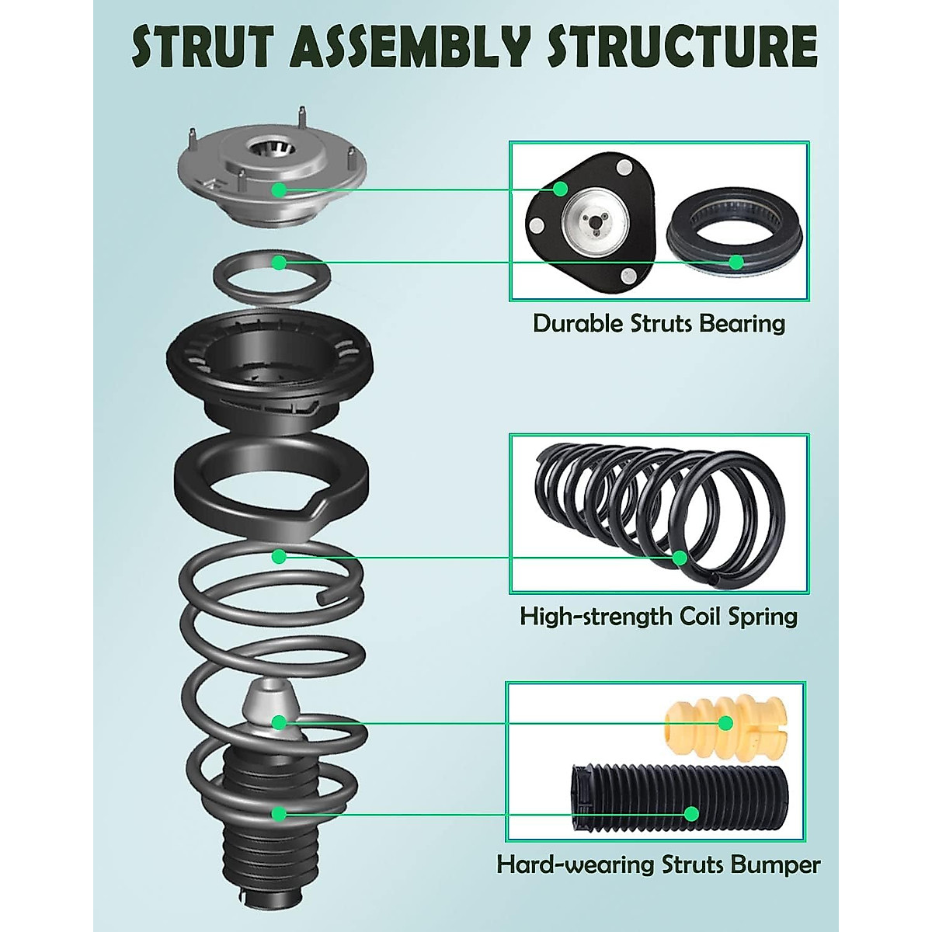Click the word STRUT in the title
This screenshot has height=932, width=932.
coord(204,47)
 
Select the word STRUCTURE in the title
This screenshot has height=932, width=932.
coord(681,47)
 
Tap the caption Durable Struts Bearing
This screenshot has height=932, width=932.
coord(659,323)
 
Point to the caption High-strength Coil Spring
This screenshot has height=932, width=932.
coord(659,617)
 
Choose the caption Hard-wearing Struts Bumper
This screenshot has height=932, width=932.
coord(659,864)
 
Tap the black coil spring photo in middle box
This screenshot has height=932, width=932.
coord(659,513)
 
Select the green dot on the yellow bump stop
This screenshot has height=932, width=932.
coord(725,723)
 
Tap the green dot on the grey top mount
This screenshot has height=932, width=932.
coord(279,189)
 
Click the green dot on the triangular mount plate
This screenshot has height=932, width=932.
coord(560,189)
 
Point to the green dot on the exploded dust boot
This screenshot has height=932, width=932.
coord(279,813)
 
